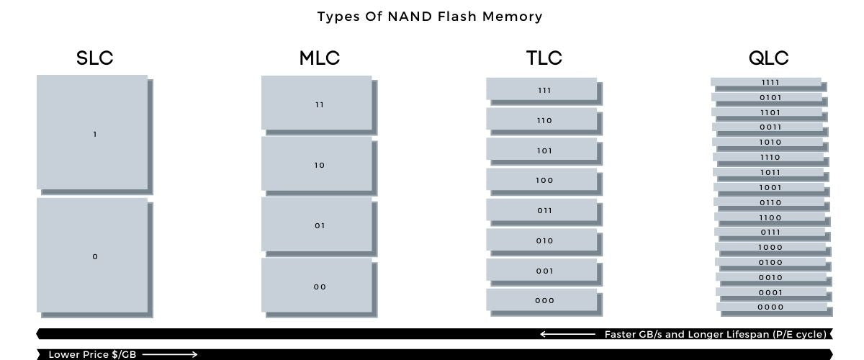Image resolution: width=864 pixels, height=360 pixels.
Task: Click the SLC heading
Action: point(95,58)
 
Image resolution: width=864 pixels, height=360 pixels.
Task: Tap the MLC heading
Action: point(320,58)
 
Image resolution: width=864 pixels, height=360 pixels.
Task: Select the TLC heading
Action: point(544,58)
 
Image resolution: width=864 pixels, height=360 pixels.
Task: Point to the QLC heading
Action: point(769,58)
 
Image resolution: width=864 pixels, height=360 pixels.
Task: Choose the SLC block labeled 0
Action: point(93,256)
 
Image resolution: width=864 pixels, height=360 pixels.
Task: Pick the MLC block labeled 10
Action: point(318,165)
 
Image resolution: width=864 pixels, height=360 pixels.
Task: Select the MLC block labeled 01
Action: point(318,225)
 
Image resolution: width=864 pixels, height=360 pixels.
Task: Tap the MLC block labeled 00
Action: point(318,286)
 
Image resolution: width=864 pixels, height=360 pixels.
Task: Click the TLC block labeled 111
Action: point(542,89)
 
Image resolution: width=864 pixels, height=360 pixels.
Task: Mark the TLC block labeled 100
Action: point(542,180)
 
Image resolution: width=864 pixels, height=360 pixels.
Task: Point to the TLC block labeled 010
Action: point(542,240)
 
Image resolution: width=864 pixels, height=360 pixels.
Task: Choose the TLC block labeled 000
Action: point(542,300)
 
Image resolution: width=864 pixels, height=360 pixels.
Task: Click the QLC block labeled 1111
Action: point(767,82)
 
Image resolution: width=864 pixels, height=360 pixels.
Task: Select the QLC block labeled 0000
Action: point(771,307)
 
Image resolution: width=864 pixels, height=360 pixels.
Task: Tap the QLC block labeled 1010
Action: point(768,142)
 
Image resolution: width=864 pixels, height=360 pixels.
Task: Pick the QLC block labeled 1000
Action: point(770,247)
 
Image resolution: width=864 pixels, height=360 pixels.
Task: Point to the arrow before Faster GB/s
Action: point(568,334)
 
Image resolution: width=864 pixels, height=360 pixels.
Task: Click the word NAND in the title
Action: point(395,16)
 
